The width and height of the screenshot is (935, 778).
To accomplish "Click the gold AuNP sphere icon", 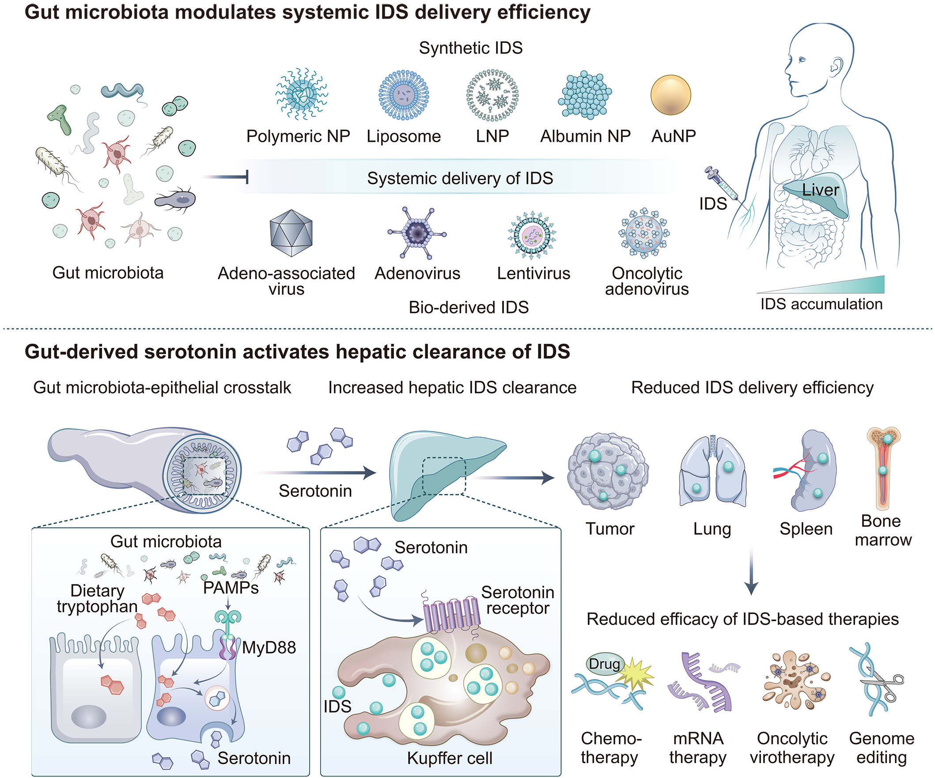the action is (x=670, y=95).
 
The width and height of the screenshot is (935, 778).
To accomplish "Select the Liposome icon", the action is (x=403, y=95).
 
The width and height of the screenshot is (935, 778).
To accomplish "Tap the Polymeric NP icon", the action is (x=301, y=94).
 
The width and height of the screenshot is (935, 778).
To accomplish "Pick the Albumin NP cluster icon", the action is (x=585, y=95).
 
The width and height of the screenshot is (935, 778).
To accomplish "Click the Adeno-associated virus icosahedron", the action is (x=291, y=233).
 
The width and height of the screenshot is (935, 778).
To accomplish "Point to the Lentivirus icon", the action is (x=532, y=235).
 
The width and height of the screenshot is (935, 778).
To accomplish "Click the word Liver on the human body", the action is (x=820, y=190).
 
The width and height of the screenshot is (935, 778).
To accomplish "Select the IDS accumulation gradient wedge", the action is (x=821, y=285).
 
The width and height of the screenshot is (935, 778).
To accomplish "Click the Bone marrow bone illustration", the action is (x=883, y=468).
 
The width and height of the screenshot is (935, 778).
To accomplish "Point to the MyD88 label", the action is (x=269, y=648).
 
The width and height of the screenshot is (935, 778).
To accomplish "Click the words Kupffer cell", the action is (x=450, y=759).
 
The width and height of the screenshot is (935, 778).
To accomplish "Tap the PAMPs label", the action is (x=231, y=588).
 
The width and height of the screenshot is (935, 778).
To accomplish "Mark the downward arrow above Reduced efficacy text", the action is (x=751, y=572).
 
